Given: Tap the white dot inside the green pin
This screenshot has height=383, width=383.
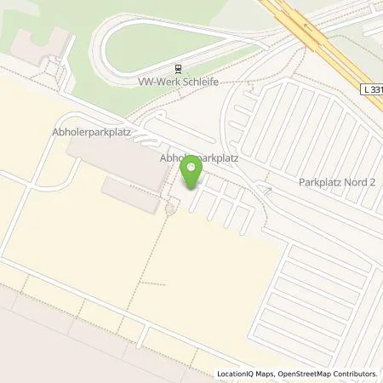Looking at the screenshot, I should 191,166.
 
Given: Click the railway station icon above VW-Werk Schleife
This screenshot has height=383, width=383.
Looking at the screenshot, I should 177,70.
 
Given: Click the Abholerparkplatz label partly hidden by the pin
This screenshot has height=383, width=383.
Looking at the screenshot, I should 198,157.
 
